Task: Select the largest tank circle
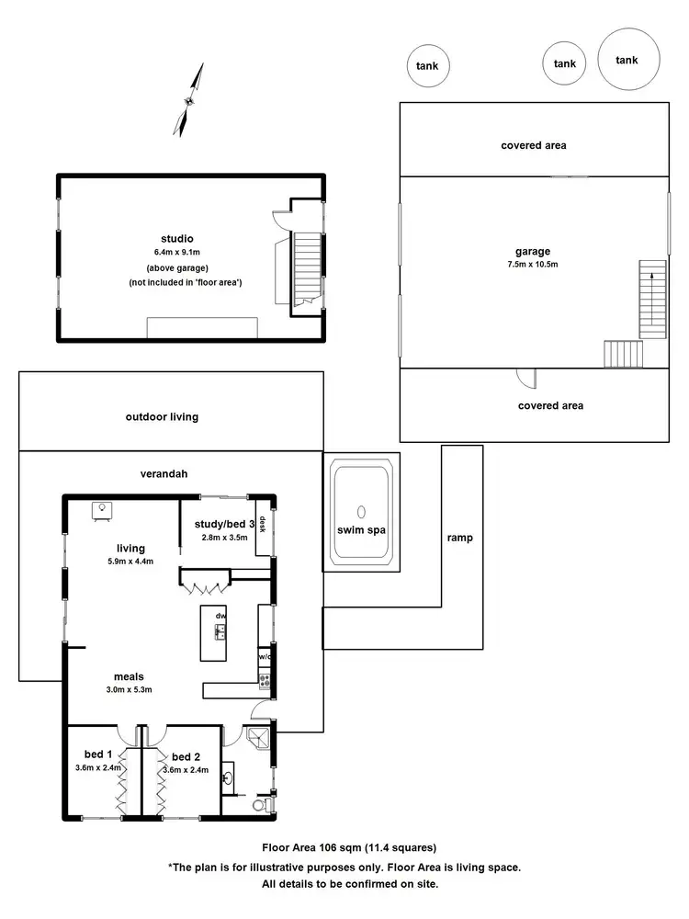pos(627,60)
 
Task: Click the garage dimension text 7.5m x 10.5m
pos(532,264)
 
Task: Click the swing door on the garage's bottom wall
pos(525,377)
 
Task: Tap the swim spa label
pos(361,531)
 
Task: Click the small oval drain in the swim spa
pos(361,512)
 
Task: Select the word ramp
pos(460,538)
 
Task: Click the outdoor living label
pos(162,416)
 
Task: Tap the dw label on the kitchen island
pos(220,615)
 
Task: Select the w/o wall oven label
pos(264,656)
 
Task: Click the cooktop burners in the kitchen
pos(265,681)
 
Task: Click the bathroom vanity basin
pos(229,777)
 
